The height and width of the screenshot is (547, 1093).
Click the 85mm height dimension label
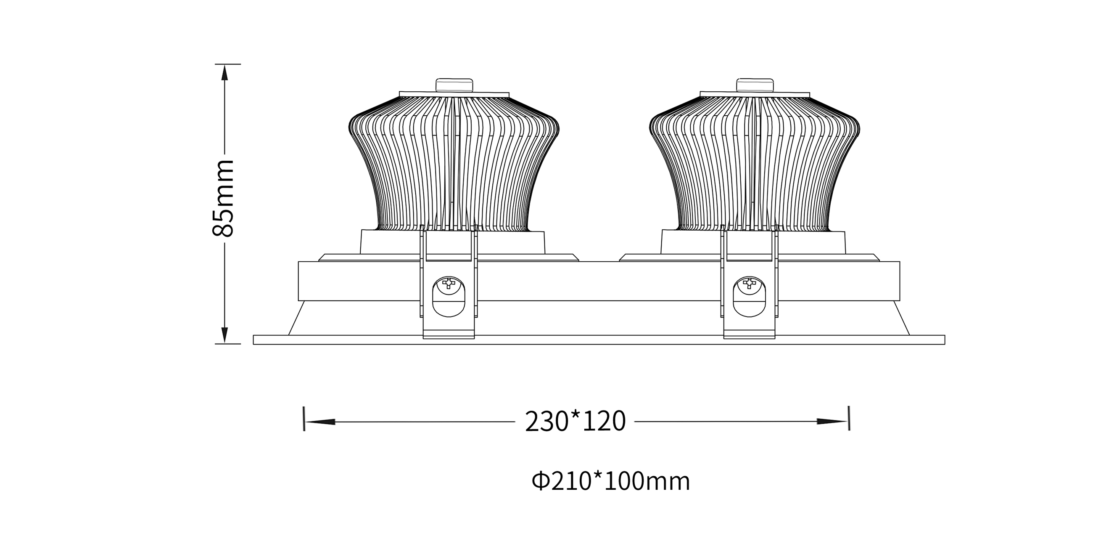tap(223, 198)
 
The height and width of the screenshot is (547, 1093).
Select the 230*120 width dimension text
tap(576, 421)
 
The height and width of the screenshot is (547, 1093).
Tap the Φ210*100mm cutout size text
tap(611, 481)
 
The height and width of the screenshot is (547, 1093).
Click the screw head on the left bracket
tap(449, 283)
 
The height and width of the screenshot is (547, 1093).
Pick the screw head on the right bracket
tap(749, 283)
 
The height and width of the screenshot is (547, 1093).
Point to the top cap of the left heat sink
tap(454, 85)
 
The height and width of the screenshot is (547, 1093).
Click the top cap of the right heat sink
tap(755, 85)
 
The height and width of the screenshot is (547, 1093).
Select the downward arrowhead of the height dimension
tap(225, 335)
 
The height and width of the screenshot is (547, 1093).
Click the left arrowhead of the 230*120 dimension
tap(320, 422)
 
